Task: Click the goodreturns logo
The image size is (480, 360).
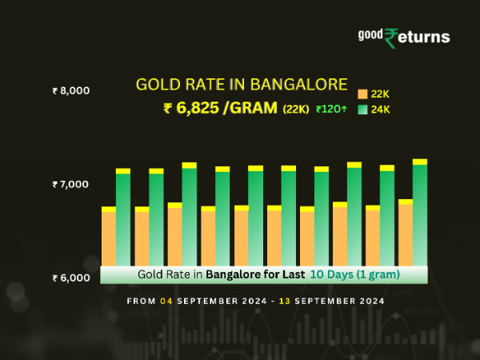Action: point(403,36)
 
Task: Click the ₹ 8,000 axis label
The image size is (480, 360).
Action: point(70,91)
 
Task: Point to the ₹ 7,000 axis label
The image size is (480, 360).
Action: point(70,185)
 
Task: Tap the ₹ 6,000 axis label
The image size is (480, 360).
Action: point(70,278)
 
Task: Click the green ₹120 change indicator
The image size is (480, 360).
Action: point(330,110)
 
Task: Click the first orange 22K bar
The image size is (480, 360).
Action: point(109,238)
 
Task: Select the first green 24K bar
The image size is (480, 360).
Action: point(123,218)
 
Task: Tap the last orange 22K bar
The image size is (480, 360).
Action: point(406,234)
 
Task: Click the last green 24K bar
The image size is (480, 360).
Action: point(420,214)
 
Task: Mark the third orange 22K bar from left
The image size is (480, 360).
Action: point(174,235)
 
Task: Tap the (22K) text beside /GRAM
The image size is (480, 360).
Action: point(296,110)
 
